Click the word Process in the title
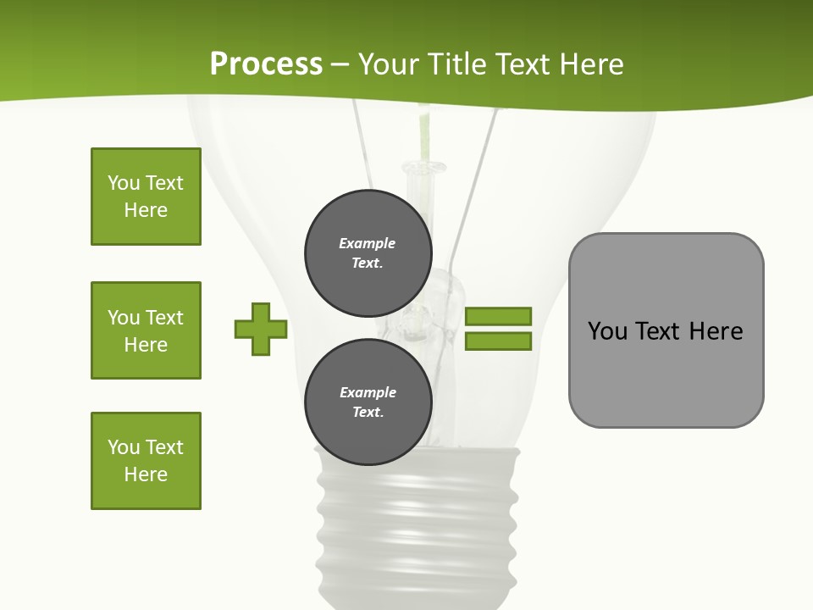click(x=266, y=64)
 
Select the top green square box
click(x=146, y=197)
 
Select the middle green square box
click(x=146, y=330)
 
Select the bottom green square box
click(x=146, y=461)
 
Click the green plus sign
click(x=261, y=329)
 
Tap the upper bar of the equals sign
click(x=498, y=316)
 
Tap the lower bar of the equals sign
click(x=498, y=341)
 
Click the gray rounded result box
click(x=666, y=373)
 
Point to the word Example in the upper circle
click(x=367, y=243)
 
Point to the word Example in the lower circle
click(x=368, y=392)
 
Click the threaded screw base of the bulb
click(x=417, y=525)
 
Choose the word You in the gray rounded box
click(x=608, y=331)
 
